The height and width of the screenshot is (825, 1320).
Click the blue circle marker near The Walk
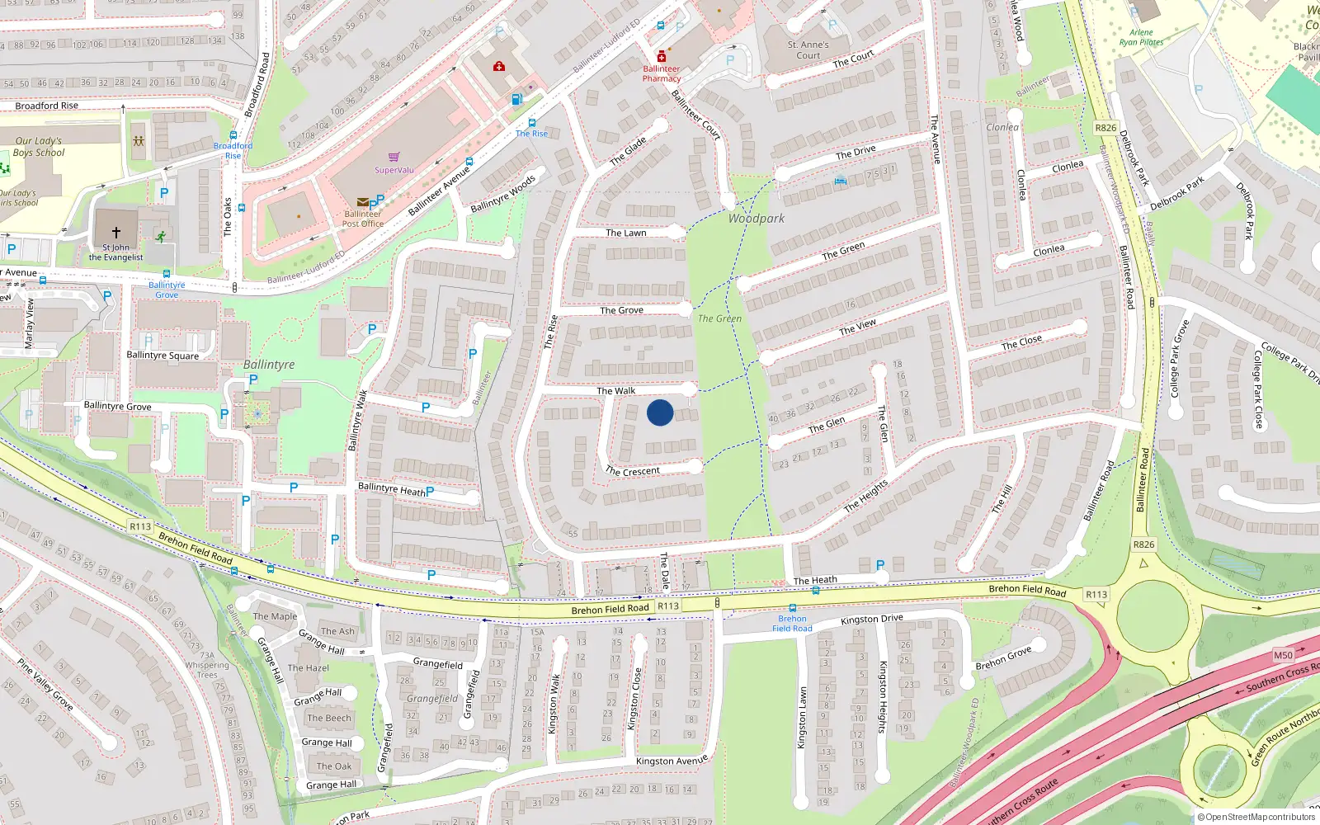pyautogui.click(x=660, y=412)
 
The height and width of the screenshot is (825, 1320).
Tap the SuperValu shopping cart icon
pyautogui.click(x=394, y=157)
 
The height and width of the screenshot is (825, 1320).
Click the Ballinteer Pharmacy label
pyautogui.click(x=662, y=74)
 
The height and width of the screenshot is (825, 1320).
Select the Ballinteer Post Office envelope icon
pyautogui.click(x=362, y=202)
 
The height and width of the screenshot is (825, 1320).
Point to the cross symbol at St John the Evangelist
pyautogui.click(x=116, y=233)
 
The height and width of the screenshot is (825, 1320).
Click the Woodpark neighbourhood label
pyautogui.click(x=756, y=219)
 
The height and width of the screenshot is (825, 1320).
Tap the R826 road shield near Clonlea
pyautogui.click(x=1105, y=128)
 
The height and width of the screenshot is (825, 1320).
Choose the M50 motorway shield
pyautogui.click(x=1283, y=655)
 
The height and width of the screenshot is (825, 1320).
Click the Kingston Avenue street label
pyautogui.click(x=672, y=761)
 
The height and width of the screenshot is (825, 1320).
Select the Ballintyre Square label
pyautogui.click(x=163, y=356)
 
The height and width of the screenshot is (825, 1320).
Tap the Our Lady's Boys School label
pyautogui.click(x=39, y=147)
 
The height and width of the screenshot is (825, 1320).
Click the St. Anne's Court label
pyautogui.click(x=808, y=50)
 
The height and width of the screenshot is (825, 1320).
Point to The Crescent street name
pyautogui.click(x=633, y=471)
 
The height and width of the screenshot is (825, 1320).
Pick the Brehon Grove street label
pyautogui.click(x=1003, y=658)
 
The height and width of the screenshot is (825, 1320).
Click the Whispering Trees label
pyautogui.click(x=207, y=670)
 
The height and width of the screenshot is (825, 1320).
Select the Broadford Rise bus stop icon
pyautogui.click(x=233, y=135)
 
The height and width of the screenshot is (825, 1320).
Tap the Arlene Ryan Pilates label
pyautogui.click(x=1141, y=37)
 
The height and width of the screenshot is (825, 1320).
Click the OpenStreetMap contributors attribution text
pyautogui.click(x=1256, y=818)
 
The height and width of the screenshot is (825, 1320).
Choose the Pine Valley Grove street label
pyautogui.click(x=45, y=684)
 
